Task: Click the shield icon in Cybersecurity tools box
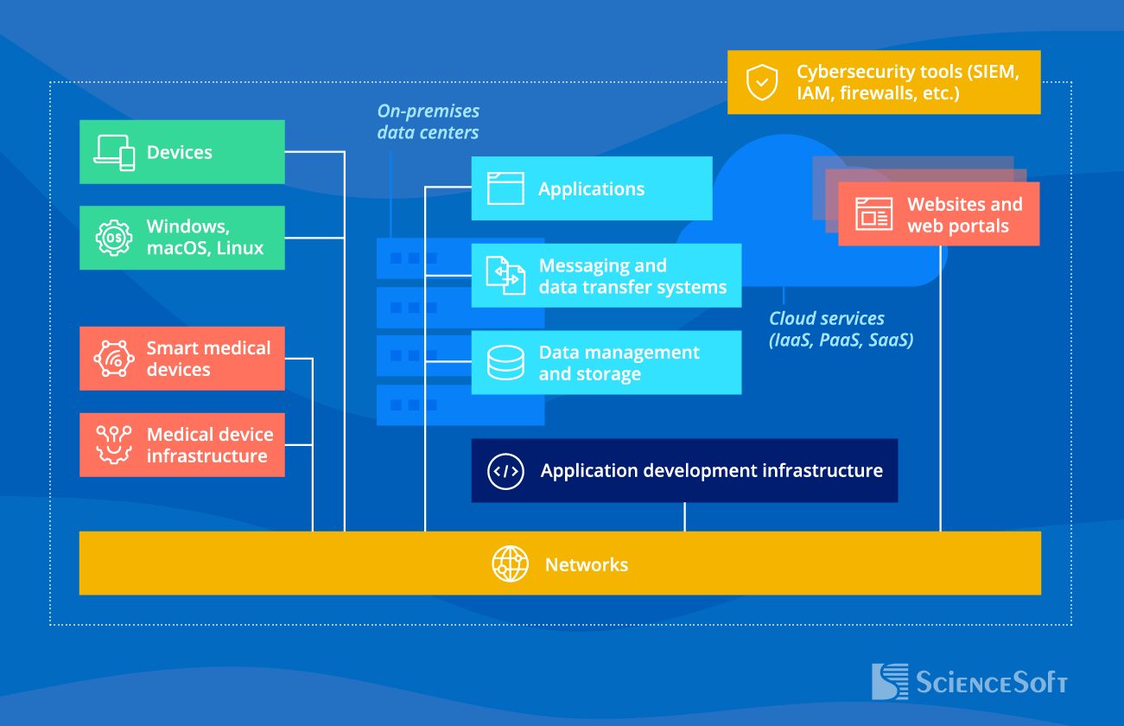click(761, 82)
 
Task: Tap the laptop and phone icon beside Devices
click(115, 153)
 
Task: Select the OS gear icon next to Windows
click(114, 238)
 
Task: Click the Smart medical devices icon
click(114, 359)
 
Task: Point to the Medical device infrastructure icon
click(114, 444)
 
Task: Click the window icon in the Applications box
click(505, 188)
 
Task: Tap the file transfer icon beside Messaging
click(505, 276)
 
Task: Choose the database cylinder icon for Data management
click(505, 363)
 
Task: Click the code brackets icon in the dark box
click(505, 471)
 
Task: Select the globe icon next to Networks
click(510, 564)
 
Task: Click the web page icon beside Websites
click(873, 214)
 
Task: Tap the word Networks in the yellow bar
click(586, 564)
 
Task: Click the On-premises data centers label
click(428, 122)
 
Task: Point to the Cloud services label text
click(841, 329)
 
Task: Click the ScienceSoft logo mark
click(889, 681)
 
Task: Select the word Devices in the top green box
click(179, 152)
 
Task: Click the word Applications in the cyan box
click(591, 189)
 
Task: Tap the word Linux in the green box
click(240, 248)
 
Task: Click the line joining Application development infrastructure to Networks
click(684, 517)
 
